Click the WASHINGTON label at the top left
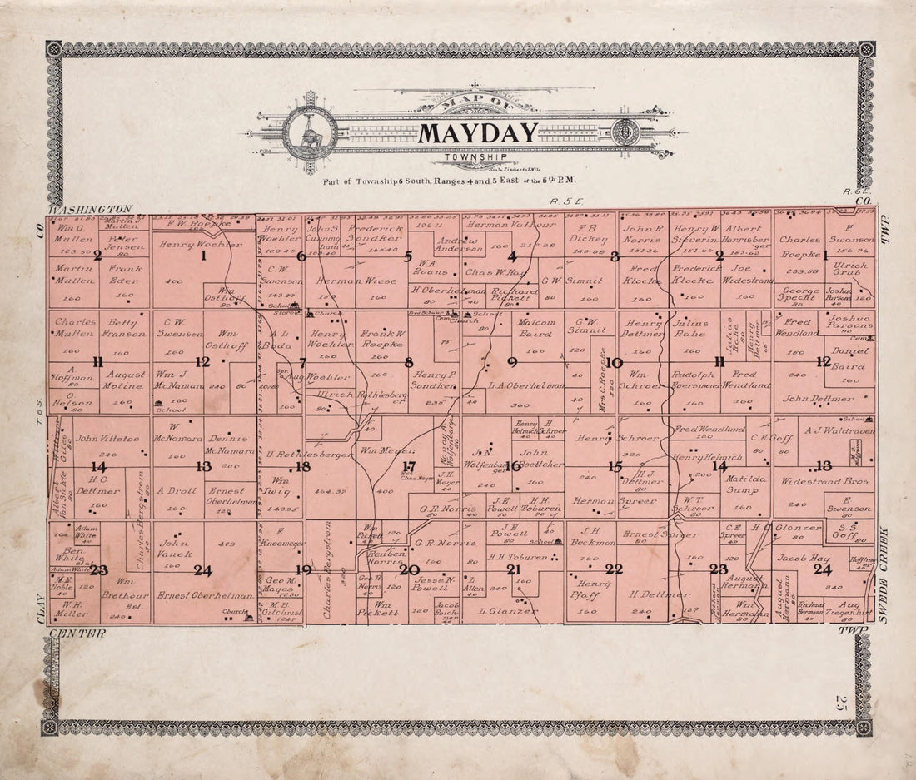point(90,209)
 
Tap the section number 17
point(408,466)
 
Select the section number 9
point(512,361)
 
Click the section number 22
point(614,569)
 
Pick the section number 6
point(301,256)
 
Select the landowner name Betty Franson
point(124,327)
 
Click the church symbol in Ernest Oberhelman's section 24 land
point(246,617)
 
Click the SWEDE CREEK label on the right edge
point(884,574)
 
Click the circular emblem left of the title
point(310,133)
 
